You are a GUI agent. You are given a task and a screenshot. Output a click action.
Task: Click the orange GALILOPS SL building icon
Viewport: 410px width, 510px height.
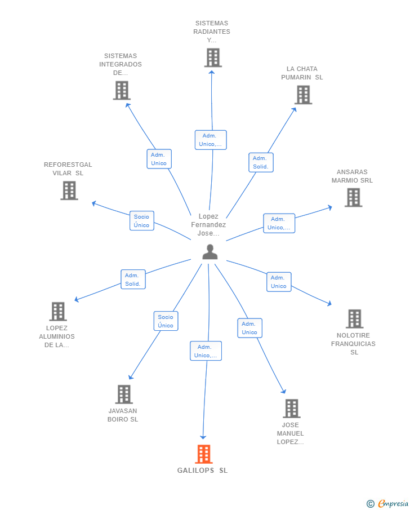click(204, 454)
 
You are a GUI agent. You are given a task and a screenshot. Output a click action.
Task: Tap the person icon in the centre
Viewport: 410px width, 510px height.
click(210, 252)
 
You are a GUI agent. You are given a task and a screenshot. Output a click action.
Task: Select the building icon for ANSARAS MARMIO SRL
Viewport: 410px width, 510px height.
click(354, 197)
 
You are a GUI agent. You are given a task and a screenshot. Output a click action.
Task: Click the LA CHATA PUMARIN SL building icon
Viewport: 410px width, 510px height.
click(304, 95)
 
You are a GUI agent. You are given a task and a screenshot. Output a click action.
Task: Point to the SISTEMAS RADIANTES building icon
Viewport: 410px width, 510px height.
click(213, 57)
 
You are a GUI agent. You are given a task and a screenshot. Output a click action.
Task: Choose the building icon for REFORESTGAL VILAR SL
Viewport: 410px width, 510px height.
click(69, 190)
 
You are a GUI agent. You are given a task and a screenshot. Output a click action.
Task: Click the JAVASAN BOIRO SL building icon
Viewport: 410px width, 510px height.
click(124, 394)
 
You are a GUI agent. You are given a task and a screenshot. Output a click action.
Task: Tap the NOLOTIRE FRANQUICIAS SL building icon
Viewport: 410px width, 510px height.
click(354, 319)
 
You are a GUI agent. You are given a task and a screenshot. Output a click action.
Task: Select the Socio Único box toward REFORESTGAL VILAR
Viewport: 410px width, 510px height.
click(142, 220)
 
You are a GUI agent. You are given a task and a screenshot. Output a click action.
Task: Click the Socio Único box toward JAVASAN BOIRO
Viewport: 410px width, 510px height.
click(166, 321)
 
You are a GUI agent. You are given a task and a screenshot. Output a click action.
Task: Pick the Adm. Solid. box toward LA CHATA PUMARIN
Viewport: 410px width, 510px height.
click(261, 162)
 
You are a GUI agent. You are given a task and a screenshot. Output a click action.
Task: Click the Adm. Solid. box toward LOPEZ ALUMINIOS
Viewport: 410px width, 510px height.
click(133, 280)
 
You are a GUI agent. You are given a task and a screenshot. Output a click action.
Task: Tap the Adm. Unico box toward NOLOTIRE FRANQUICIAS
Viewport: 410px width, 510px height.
click(279, 282)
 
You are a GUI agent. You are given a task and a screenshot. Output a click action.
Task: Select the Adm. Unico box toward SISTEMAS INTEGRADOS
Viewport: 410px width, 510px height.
click(159, 159)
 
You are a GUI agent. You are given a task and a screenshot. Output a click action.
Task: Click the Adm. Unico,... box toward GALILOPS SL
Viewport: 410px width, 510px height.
click(206, 351)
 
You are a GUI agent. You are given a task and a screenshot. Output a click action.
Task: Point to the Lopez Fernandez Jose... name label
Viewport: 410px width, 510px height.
click(208, 224)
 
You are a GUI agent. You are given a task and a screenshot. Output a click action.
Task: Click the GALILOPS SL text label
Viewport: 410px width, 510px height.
click(202, 471)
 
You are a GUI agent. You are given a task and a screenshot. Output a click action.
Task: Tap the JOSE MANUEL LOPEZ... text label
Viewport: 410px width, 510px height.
click(291, 433)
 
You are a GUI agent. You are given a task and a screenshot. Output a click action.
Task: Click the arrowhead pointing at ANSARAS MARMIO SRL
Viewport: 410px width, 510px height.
click(330, 207)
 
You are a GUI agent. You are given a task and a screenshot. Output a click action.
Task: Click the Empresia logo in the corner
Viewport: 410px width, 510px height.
click(387, 503)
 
